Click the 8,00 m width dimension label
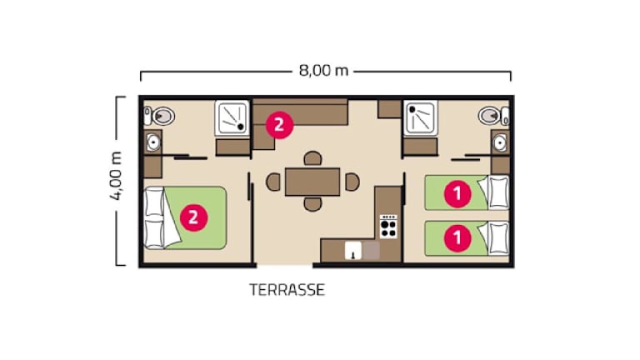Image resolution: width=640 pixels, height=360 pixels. [x=323, y=71]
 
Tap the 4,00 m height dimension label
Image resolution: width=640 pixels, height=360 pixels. [x=117, y=176]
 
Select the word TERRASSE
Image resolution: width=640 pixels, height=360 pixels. [x=287, y=290]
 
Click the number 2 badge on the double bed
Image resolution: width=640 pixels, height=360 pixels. [x=193, y=217]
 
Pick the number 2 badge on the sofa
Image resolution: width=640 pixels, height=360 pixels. [x=280, y=125]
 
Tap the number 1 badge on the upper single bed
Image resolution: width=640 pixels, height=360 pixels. [x=457, y=194]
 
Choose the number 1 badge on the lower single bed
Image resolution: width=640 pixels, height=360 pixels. [x=457, y=237]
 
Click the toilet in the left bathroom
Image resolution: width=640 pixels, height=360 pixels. [x=159, y=117]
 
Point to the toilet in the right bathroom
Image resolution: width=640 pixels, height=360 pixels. [x=493, y=116]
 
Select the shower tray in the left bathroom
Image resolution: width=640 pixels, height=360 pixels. [x=232, y=119]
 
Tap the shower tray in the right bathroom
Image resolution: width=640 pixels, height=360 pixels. [x=420, y=118]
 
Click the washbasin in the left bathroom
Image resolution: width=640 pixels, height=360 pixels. [x=153, y=142]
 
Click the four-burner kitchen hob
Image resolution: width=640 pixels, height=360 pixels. [x=388, y=227]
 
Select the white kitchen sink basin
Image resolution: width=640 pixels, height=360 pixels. [x=353, y=251]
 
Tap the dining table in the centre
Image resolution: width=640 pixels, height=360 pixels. [x=312, y=182]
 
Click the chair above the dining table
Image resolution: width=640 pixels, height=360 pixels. [x=312, y=159]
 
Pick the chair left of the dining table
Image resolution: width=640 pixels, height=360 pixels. [x=273, y=182]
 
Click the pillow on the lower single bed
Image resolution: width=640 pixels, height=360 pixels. [x=498, y=239]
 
